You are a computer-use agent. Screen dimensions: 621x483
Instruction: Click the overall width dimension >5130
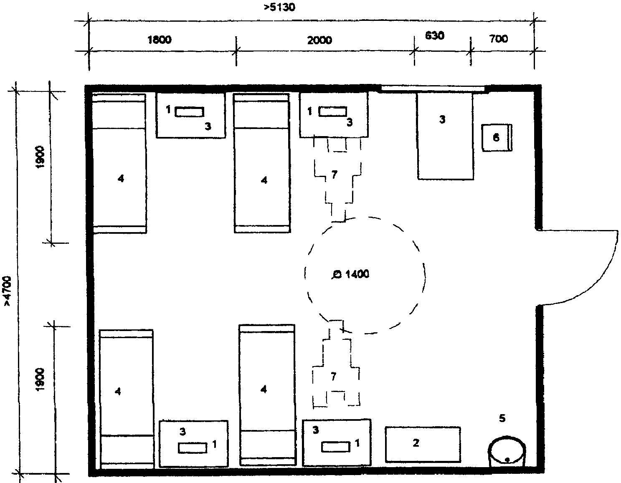tap(279, 7)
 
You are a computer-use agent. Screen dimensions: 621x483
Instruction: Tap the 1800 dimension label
tap(160, 39)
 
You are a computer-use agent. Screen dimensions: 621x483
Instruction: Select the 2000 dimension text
tap(319, 40)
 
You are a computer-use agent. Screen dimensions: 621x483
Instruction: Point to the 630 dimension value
tap(435, 36)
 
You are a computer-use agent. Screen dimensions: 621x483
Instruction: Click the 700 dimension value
tap(498, 38)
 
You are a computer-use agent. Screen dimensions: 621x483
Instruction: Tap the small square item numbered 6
tap(497, 138)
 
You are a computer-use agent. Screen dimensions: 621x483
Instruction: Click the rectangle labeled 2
tap(423, 444)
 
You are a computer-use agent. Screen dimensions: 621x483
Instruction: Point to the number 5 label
tap(502, 418)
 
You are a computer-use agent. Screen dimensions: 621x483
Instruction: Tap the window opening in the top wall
tap(433, 89)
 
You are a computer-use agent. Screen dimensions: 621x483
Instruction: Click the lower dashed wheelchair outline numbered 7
tap(336, 363)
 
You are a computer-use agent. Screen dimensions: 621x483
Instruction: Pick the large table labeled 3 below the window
tap(445, 136)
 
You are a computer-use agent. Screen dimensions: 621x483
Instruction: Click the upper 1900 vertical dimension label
tap(40, 157)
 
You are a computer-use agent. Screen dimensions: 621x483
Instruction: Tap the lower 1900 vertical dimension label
tap(40, 379)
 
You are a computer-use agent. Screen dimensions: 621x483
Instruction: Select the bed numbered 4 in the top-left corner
tap(119, 163)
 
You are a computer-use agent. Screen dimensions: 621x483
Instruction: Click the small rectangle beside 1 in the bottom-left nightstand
tap(193, 448)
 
